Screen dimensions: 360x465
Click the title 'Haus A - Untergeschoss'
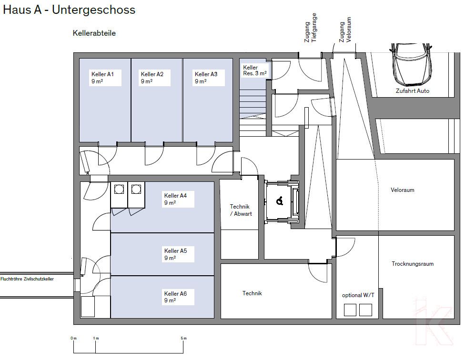69,10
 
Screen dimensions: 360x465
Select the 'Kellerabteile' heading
94,33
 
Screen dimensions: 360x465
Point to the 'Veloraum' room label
402,190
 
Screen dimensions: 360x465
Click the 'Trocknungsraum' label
413,264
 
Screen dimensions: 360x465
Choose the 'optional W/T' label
358,295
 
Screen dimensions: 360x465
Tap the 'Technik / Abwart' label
241,210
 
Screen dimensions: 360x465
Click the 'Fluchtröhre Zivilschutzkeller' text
27,279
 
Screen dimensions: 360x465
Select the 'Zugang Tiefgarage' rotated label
311,29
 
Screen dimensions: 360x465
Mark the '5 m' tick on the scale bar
184,338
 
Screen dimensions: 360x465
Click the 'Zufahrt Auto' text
412,90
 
